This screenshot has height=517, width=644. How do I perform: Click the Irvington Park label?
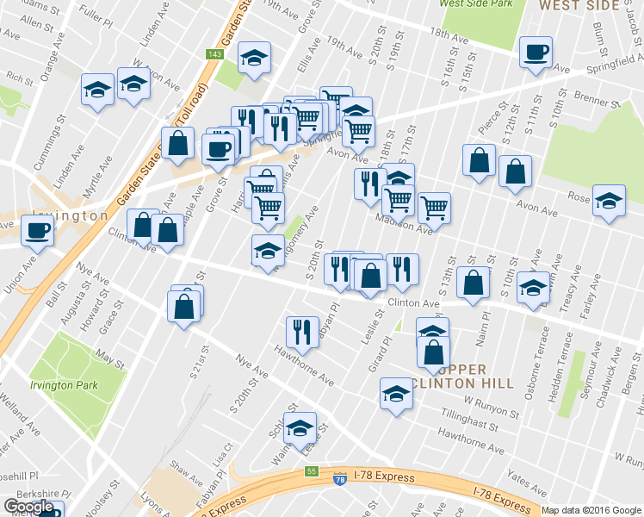(x=63, y=386)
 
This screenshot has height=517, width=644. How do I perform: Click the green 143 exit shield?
(x=214, y=54)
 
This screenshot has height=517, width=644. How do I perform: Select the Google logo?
(x=28, y=507)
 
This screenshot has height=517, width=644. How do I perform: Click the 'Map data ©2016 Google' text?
(x=591, y=510)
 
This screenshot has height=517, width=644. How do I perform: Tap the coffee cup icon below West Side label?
(x=535, y=53)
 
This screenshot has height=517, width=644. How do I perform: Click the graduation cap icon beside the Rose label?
(x=609, y=202)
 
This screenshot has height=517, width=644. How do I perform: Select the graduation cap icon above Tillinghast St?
(x=396, y=394)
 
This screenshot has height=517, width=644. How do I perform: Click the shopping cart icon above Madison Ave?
(x=434, y=207)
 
